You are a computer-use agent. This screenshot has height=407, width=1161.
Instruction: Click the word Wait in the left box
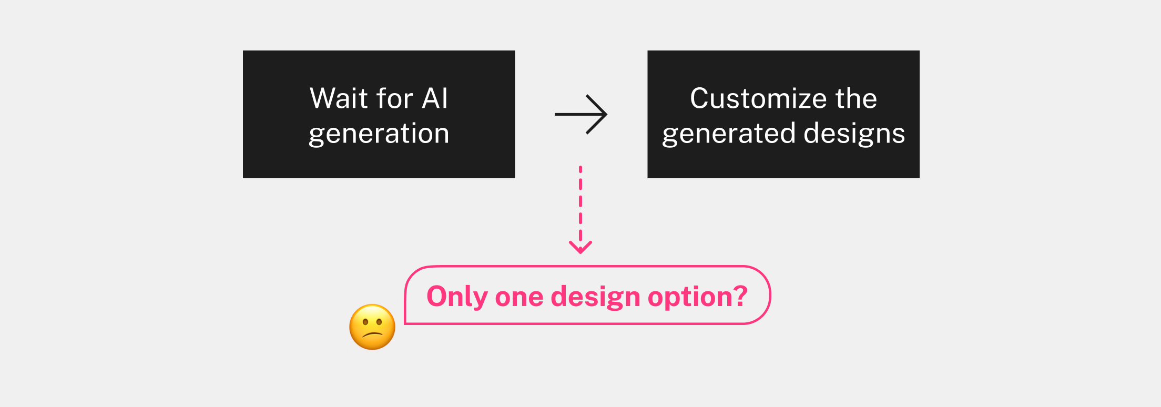[339, 98]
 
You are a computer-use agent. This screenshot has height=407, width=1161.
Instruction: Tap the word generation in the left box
[379, 134]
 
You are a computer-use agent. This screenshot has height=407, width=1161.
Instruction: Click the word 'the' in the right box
[857, 98]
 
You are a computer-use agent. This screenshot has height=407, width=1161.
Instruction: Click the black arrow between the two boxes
[581, 114]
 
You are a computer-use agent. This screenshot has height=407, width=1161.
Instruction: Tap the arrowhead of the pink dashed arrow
[580, 247]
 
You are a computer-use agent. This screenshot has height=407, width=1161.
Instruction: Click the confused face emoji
[372, 327]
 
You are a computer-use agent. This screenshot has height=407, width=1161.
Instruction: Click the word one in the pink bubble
[520, 298]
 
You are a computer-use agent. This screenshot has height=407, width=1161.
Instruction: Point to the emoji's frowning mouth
[373, 335]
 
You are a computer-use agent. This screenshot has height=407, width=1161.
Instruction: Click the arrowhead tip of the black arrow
[607, 114]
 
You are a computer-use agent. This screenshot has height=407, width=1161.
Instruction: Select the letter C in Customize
[701, 98]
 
